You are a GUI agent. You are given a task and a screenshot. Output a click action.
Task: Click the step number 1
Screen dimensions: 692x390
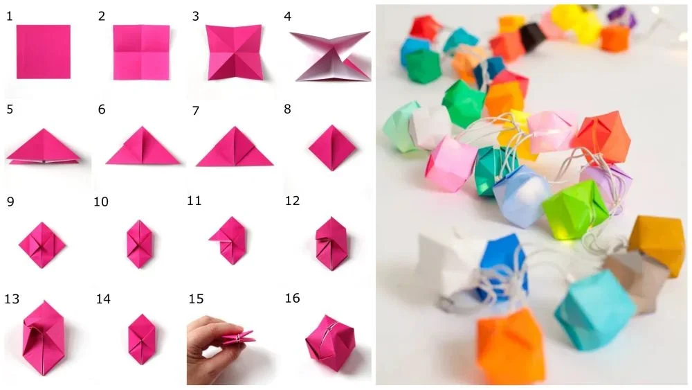[9, 17]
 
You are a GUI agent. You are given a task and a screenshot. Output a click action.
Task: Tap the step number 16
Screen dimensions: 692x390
[292, 298]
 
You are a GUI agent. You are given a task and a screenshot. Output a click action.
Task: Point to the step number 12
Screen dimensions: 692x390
[292, 201]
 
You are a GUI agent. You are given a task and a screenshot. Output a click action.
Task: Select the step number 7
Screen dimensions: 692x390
[196, 110]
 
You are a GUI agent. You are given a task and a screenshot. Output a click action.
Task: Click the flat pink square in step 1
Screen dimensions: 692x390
[44, 52]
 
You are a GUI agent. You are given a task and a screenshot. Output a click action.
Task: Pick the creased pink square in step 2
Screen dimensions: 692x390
[141, 52]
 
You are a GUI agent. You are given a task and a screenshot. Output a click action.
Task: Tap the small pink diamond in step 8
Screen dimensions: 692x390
[332, 148]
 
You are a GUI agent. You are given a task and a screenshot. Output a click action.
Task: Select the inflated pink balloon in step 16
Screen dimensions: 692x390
[330, 343]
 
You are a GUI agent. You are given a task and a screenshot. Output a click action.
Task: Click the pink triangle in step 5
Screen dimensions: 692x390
[43, 145]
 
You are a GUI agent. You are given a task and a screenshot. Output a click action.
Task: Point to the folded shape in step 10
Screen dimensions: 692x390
[140, 244]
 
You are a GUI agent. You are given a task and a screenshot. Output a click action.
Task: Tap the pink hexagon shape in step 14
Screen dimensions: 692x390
[142, 339]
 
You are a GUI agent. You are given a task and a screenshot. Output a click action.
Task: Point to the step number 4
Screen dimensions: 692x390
[288, 17]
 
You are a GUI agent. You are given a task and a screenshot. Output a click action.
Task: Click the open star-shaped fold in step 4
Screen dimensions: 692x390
[330, 56]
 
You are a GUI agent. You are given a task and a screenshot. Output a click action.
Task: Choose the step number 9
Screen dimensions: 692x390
[10, 202]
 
